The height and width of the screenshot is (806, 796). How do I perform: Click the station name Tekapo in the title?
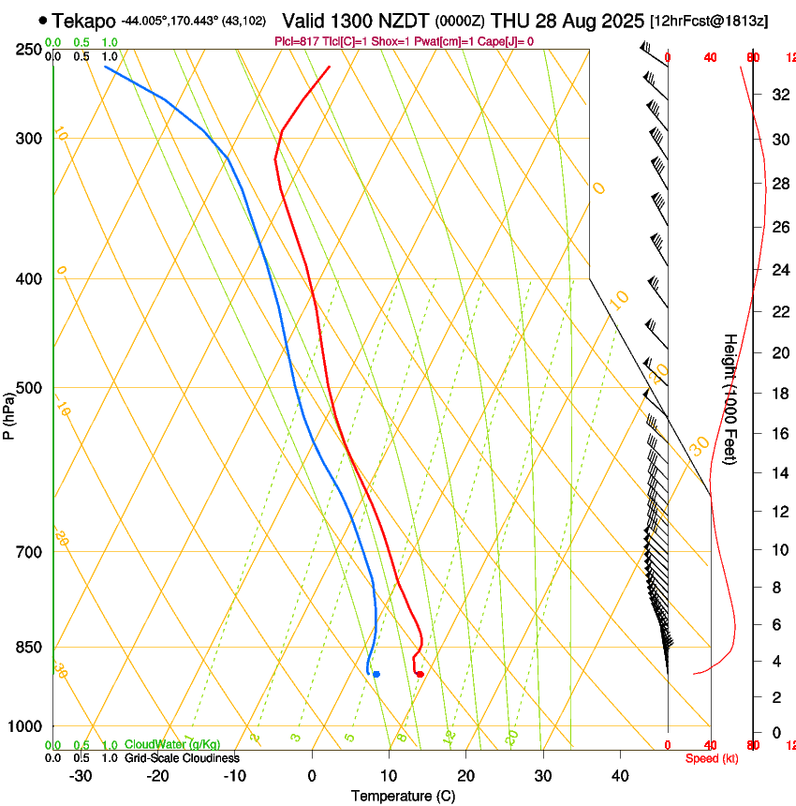pyautogui.click(x=84, y=21)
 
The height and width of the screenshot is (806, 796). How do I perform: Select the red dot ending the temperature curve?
pyautogui.click(x=420, y=674)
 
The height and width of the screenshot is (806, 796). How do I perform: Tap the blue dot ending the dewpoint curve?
pyautogui.click(x=376, y=674)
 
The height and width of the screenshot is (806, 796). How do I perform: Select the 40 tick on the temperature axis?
pyautogui.click(x=619, y=775)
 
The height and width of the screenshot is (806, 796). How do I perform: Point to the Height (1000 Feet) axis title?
pyautogui.click(x=730, y=398)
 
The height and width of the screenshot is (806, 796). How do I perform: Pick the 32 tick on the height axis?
pyautogui.click(x=778, y=95)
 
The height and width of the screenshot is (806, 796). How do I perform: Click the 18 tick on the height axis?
pyautogui.click(x=778, y=394)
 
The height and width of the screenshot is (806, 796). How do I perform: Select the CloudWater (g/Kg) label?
pyautogui.click(x=172, y=744)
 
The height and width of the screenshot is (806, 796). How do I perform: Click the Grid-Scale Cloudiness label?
pyautogui.click(x=182, y=757)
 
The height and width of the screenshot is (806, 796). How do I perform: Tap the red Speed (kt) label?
pyautogui.click(x=711, y=758)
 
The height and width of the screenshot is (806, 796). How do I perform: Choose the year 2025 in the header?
pyautogui.click(x=619, y=21)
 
